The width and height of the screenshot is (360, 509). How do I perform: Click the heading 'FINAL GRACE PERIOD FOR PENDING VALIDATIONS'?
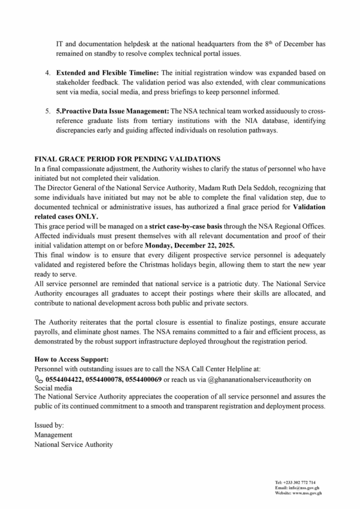[127, 159]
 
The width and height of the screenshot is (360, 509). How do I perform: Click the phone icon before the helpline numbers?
[38, 379]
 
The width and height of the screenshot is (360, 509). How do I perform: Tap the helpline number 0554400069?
[144, 379]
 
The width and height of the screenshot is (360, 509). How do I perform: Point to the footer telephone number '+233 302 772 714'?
[301, 483]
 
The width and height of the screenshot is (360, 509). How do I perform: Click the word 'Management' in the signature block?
[53, 435]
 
